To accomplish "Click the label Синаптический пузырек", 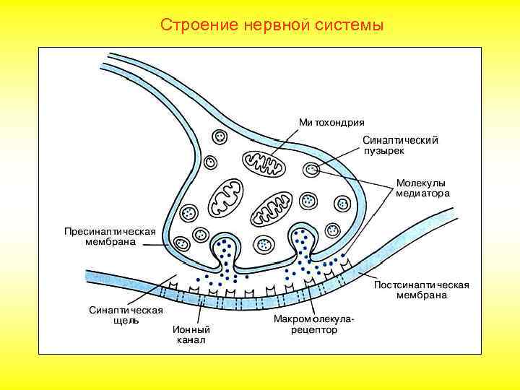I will point(399,146).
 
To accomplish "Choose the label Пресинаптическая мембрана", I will point(110,237).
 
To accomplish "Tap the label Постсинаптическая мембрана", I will point(421,290).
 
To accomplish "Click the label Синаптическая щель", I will point(126,316).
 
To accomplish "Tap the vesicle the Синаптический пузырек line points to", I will point(311,170).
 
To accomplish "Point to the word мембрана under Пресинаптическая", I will point(110,242).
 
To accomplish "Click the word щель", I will point(126,321).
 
